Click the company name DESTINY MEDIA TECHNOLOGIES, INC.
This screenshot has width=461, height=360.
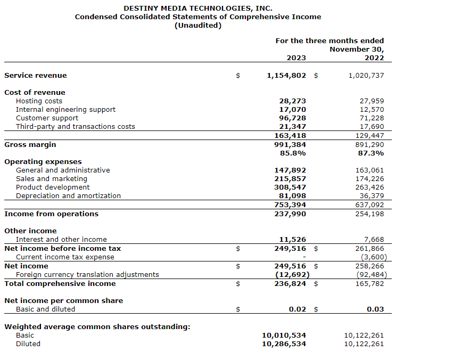197,8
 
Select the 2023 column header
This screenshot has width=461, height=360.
296,58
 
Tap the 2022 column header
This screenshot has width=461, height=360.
374,58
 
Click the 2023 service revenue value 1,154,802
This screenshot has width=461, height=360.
286,76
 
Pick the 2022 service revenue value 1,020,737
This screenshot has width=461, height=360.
366,76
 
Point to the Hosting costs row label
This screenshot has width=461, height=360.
39,101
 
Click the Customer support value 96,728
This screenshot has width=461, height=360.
292,118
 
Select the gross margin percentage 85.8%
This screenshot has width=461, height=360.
293,153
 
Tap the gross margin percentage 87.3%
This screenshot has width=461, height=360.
371,153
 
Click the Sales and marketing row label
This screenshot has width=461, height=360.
51,179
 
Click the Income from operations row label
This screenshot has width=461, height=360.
51,214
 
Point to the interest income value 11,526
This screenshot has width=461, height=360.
292,240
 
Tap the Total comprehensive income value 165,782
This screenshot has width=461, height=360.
369,284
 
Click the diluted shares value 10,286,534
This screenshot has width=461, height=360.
284,344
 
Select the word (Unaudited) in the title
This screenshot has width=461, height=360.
197,25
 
